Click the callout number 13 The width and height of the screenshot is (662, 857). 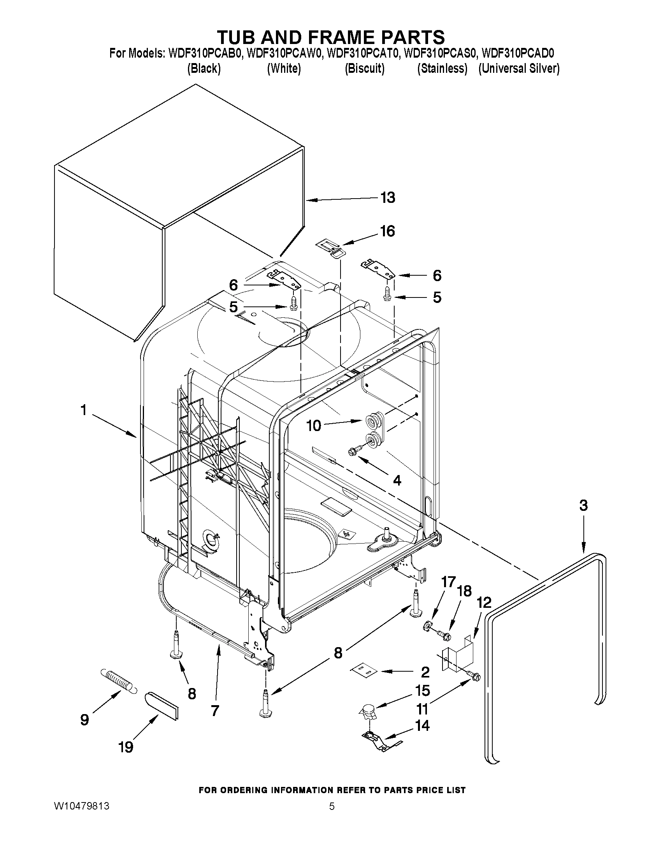point(388,197)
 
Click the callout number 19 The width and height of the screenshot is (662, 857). point(125,747)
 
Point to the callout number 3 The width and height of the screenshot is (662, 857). point(583,506)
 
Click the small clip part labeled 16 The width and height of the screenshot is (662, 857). point(329,249)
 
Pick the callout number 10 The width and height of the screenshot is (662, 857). point(314,426)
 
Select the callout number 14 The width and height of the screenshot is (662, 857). point(422,726)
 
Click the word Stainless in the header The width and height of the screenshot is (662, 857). point(443,69)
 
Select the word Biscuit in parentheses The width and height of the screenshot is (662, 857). point(364,69)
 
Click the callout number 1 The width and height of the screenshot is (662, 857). point(83,411)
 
